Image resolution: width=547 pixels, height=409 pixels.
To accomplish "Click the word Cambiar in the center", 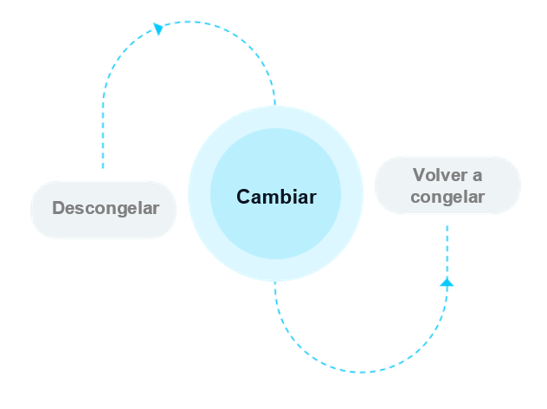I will coord(276,197).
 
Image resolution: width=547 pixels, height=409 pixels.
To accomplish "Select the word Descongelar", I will coord(106,208).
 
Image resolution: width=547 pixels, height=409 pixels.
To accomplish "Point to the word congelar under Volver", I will coord(447,197).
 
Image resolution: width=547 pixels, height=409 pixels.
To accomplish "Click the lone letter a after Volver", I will coord(477,175).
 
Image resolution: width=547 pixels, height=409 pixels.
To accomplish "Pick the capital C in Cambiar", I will coord(243,197).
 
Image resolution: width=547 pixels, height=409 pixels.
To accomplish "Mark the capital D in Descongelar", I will coord(58,208).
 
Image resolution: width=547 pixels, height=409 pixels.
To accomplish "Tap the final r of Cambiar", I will coord(312,197).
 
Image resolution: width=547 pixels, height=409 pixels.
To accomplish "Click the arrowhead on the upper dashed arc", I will coord(158,29).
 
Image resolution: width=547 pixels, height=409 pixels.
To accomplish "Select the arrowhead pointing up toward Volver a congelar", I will coord(447,282).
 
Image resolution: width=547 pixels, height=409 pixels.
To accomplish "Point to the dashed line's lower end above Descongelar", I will coord(103,167).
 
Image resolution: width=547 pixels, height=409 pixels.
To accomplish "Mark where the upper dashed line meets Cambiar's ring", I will coord(275,105).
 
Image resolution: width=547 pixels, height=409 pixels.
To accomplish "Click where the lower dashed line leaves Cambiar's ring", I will coord(275,282).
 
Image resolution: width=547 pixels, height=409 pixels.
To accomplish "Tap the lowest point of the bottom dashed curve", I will coord(361,373).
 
